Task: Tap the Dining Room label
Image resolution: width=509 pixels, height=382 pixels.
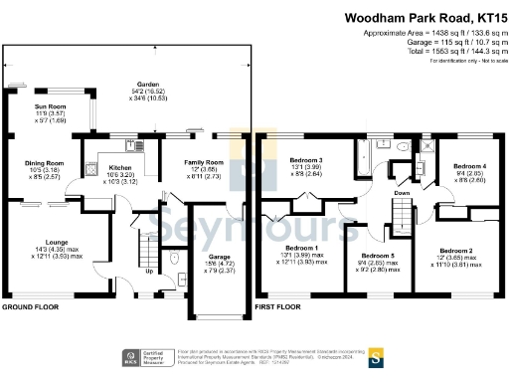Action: pos(44,162)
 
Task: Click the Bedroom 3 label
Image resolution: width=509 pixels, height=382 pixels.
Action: pos(306,159)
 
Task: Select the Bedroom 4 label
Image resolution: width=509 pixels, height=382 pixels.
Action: pos(471,166)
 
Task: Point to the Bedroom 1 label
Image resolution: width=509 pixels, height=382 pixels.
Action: pos(303,247)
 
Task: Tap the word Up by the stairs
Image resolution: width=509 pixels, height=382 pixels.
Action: pos(149,272)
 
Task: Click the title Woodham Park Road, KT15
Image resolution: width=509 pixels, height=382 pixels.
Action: pos(426,18)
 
